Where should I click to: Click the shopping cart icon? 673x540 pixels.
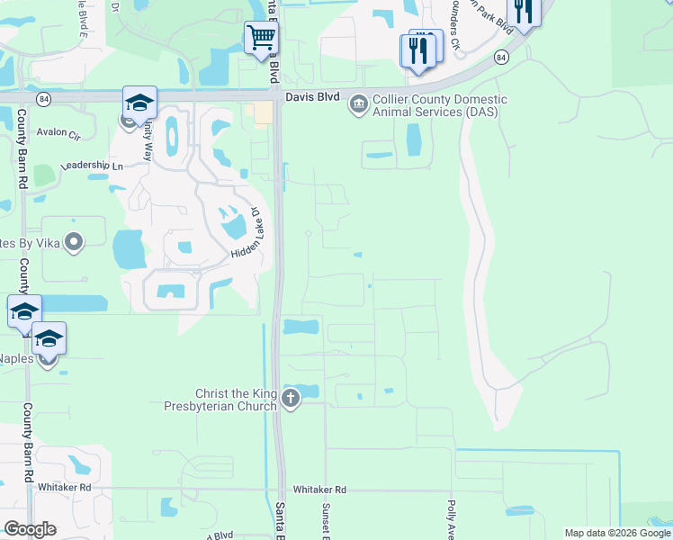click(261, 38)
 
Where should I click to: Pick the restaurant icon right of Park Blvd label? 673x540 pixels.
click(524, 11)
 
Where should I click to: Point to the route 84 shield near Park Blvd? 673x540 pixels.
click(500, 58)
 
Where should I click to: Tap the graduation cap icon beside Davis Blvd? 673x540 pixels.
click(139, 103)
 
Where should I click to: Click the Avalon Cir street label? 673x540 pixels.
click(58, 132)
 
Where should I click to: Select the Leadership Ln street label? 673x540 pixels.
click(91, 166)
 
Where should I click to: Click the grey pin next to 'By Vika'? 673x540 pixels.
click(75, 242)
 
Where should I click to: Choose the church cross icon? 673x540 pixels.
click(290, 399)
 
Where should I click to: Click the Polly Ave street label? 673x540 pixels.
click(451, 517)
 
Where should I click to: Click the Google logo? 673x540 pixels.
click(30, 529)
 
